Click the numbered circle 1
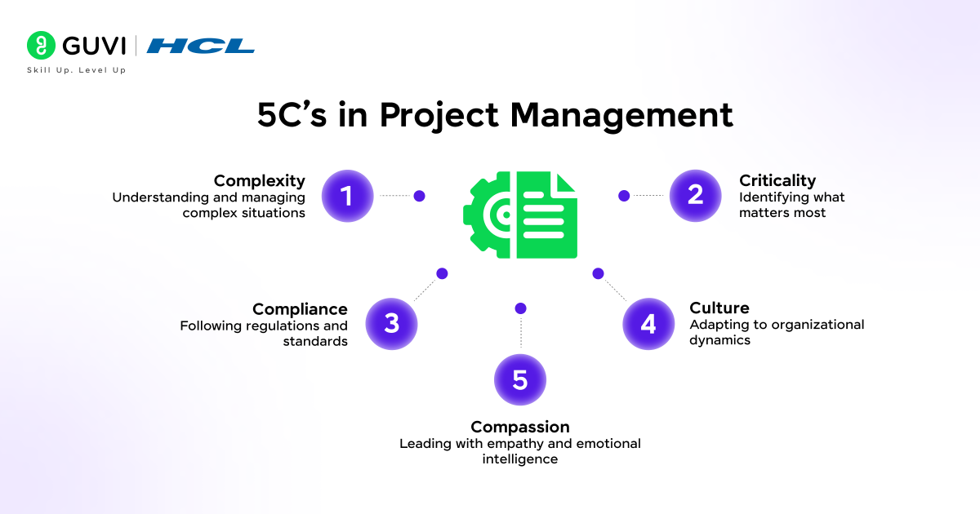[x=347, y=196]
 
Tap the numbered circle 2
[x=696, y=196]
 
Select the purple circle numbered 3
[x=391, y=324]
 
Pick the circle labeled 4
[x=648, y=324]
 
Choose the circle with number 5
[x=520, y=379]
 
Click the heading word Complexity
[x=259, y=180]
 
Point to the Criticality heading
[x=777, y=180]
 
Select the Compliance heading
[x=300, y=309]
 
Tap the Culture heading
[x=719, y=308]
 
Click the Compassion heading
[x=520, y=427]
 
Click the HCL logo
[x=201, y=46]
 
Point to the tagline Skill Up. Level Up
[x=77, y=70]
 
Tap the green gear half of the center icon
[x=488, y=215]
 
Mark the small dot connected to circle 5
[x=520, y=308]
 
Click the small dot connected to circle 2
[x=624, y=196]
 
